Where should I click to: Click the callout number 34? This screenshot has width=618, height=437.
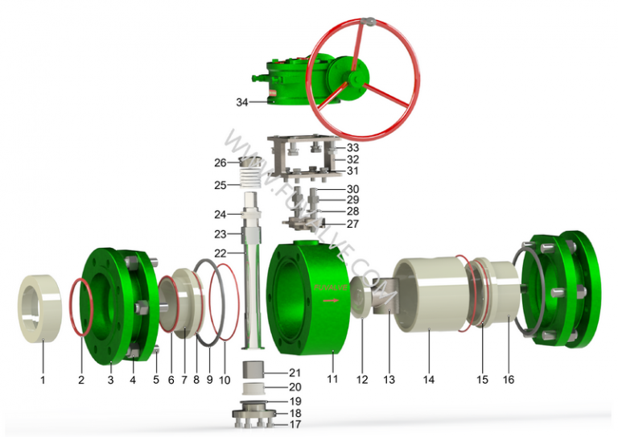tap(242, 102)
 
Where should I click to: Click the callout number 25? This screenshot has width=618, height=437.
tap(220, 185)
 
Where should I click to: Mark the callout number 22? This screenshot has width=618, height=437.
tap(220, 254)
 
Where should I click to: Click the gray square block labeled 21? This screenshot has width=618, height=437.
tap(255, 373)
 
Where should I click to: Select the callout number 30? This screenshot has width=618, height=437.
tap(352, 189)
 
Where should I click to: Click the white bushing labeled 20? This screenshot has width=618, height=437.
tap(255, 388)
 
